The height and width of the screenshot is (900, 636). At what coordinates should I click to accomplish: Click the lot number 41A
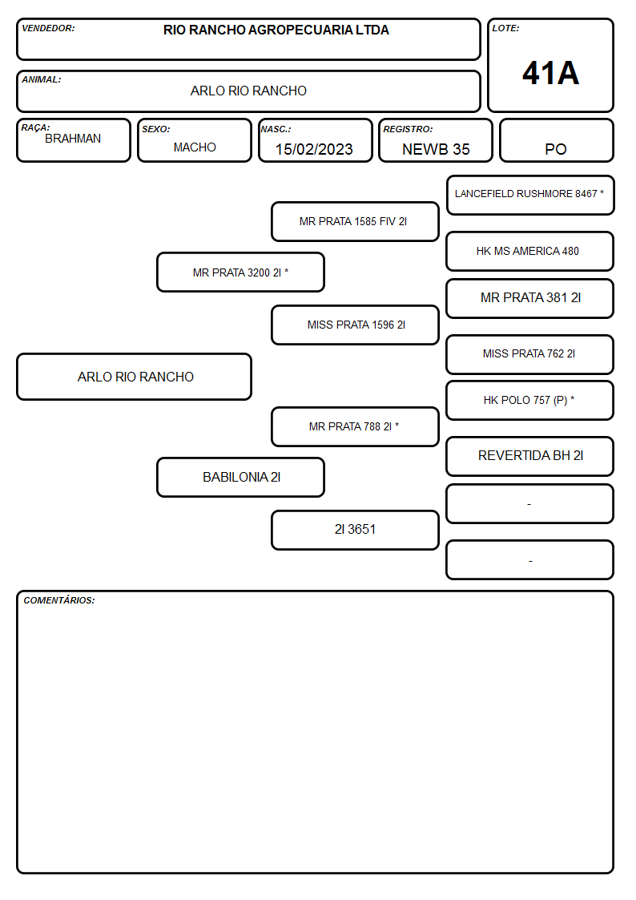(x=550, y=74)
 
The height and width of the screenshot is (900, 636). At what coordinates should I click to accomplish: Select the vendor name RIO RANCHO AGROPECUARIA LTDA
(x=276, y=30)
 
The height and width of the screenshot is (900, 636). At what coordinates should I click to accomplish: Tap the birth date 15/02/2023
(x=314, y=149)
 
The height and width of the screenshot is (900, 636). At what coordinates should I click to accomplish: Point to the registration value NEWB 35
(x=436, y=149)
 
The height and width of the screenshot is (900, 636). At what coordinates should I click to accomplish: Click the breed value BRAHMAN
(x=73, y=139)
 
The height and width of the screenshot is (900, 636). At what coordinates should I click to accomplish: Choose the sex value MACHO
(x=195, y=147)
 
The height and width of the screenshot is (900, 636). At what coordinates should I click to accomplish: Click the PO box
(x=556, y=140)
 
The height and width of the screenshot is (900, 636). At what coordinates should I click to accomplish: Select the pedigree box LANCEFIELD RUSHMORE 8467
(x=530, y=196)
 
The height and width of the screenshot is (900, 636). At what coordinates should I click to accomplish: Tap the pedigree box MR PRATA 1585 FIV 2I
(x=355, y=221)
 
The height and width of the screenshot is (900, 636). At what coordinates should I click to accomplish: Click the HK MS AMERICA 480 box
(x=530, y=252)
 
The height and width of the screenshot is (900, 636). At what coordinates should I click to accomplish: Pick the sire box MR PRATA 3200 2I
(x=241, y=272)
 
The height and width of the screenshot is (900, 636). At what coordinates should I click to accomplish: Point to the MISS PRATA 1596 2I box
(x=355, y=325)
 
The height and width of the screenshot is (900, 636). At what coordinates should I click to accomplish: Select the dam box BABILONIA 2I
(x=241, y=477)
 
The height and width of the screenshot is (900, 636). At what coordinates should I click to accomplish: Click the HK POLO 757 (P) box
(x=530, y=400)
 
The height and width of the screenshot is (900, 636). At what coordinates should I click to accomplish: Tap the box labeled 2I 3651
(x=355, y=530)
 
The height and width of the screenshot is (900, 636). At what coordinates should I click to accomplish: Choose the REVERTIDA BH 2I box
(x=530, y=456)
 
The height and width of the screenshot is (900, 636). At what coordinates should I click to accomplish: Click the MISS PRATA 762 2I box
(x=530, y=354)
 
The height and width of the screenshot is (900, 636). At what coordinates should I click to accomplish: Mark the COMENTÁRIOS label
(x=59, y=600)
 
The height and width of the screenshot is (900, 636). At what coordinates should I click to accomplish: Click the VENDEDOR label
(x=48, y=28)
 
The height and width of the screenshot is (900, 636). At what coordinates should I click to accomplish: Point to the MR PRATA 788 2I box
(x=355, y=426)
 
